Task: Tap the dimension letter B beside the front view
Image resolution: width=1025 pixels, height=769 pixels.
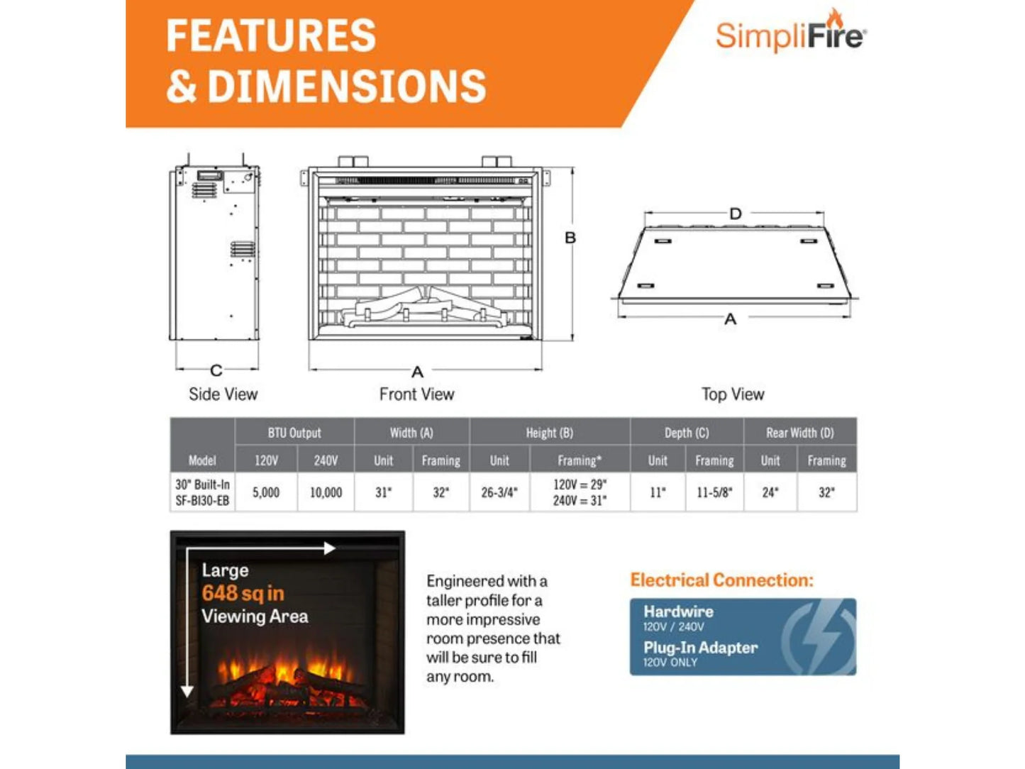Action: point(570,238)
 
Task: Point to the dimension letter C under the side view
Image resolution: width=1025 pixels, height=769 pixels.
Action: point(216,370)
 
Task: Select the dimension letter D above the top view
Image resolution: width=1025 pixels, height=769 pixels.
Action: point(736,214)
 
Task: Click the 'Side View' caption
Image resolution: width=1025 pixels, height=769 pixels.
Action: point(223,394)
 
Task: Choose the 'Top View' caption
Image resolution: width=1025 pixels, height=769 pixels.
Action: point(733,394)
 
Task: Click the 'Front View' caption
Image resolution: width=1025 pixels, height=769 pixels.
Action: point(416,394)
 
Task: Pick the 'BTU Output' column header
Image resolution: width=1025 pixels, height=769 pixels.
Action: point(294,433)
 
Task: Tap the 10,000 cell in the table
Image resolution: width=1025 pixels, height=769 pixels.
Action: point(326,492)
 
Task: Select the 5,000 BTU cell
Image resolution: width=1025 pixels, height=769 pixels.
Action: point(266,492)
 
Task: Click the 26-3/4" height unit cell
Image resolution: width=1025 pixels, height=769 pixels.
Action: point(499,492)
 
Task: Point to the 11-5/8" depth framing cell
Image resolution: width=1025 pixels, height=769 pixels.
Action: point(714,492)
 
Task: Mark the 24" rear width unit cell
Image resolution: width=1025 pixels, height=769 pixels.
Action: point(770,492)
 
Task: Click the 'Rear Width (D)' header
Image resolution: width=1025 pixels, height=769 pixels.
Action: point(799,433)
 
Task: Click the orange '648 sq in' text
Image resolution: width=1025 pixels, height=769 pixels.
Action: point(243,593)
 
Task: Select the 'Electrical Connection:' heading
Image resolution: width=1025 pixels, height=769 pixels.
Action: point(721,580)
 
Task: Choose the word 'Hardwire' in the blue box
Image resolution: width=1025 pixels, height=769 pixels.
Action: point(678,612)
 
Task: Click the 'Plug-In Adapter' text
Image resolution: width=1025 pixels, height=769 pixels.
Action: point(700,648)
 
